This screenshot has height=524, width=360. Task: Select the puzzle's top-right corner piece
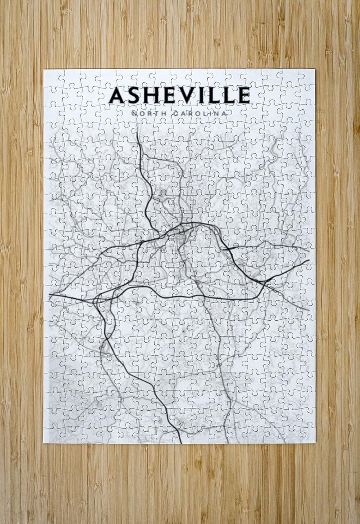pos(307,77)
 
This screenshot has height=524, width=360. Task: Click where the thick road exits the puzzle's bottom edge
pos(181,442)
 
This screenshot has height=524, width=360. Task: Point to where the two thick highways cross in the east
pos(265,281)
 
